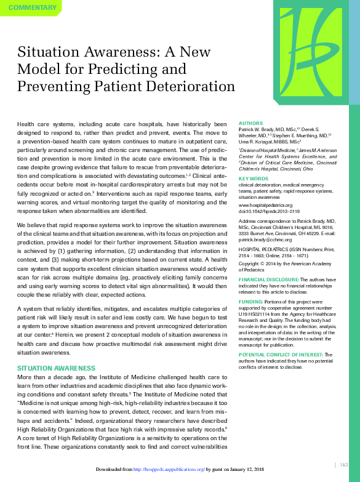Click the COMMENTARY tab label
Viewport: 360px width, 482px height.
pyautogui.click(x=31, y=8)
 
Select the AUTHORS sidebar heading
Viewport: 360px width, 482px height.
pyautogui.click(x=250, y=123)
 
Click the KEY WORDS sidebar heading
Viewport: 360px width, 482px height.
pyautogui.click(x=253, y=179)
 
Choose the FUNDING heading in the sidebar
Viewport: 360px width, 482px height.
pyautogui.click(x=250, y=302)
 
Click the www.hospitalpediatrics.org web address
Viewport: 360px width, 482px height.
pyautogui.click(x=265, y=204)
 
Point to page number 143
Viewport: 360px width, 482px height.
pyautogui.click(x=343, y=465)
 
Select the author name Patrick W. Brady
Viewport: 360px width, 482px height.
pyautogui.click(x=257, y=129)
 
